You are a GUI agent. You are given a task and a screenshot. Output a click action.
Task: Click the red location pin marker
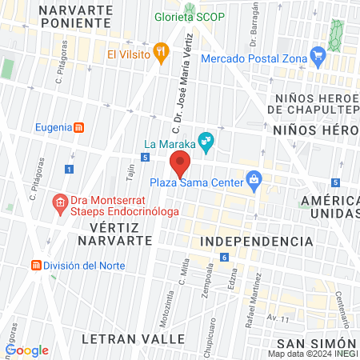pos(181,162)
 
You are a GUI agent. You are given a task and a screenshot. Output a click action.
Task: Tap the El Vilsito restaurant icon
pos(161,54)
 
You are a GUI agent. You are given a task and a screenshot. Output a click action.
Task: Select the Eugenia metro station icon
pos(79,126)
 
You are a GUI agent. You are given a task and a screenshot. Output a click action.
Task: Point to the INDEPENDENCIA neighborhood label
pos(255,241)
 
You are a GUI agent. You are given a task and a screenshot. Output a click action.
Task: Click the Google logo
pos(27,350)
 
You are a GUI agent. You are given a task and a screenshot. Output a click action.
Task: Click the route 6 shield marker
pos(225,257)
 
